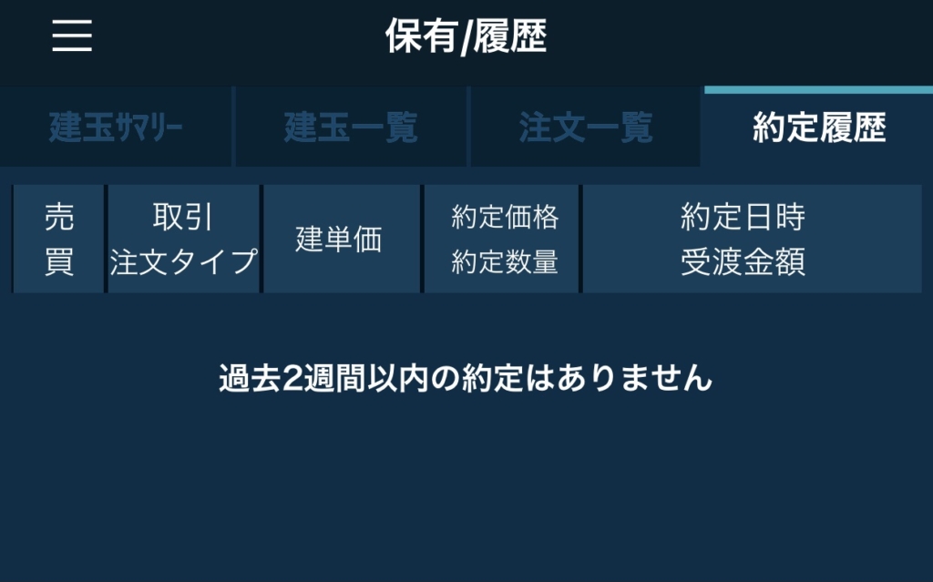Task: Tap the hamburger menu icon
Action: point(72,36)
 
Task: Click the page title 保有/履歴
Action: point(466,36)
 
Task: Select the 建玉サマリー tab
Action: point(116,128)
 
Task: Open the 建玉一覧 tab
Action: point(351,128)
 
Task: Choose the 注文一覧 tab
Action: point(586,128)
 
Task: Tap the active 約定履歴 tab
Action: point(819,128)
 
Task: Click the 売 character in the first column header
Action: point(59,217)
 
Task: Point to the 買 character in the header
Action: point(59,261)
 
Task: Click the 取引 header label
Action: point(182,217)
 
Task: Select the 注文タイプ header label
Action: point(183,261)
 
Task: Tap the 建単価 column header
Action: point(339,240)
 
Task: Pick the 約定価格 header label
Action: point(505,217)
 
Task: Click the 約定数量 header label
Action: point(505,261)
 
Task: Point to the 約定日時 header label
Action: point(743,217)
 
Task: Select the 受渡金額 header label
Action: point(743,261)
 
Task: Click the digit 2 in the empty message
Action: point(292,379)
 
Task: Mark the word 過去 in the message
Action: point(250,379)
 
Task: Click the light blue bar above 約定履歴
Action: point(819,90)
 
